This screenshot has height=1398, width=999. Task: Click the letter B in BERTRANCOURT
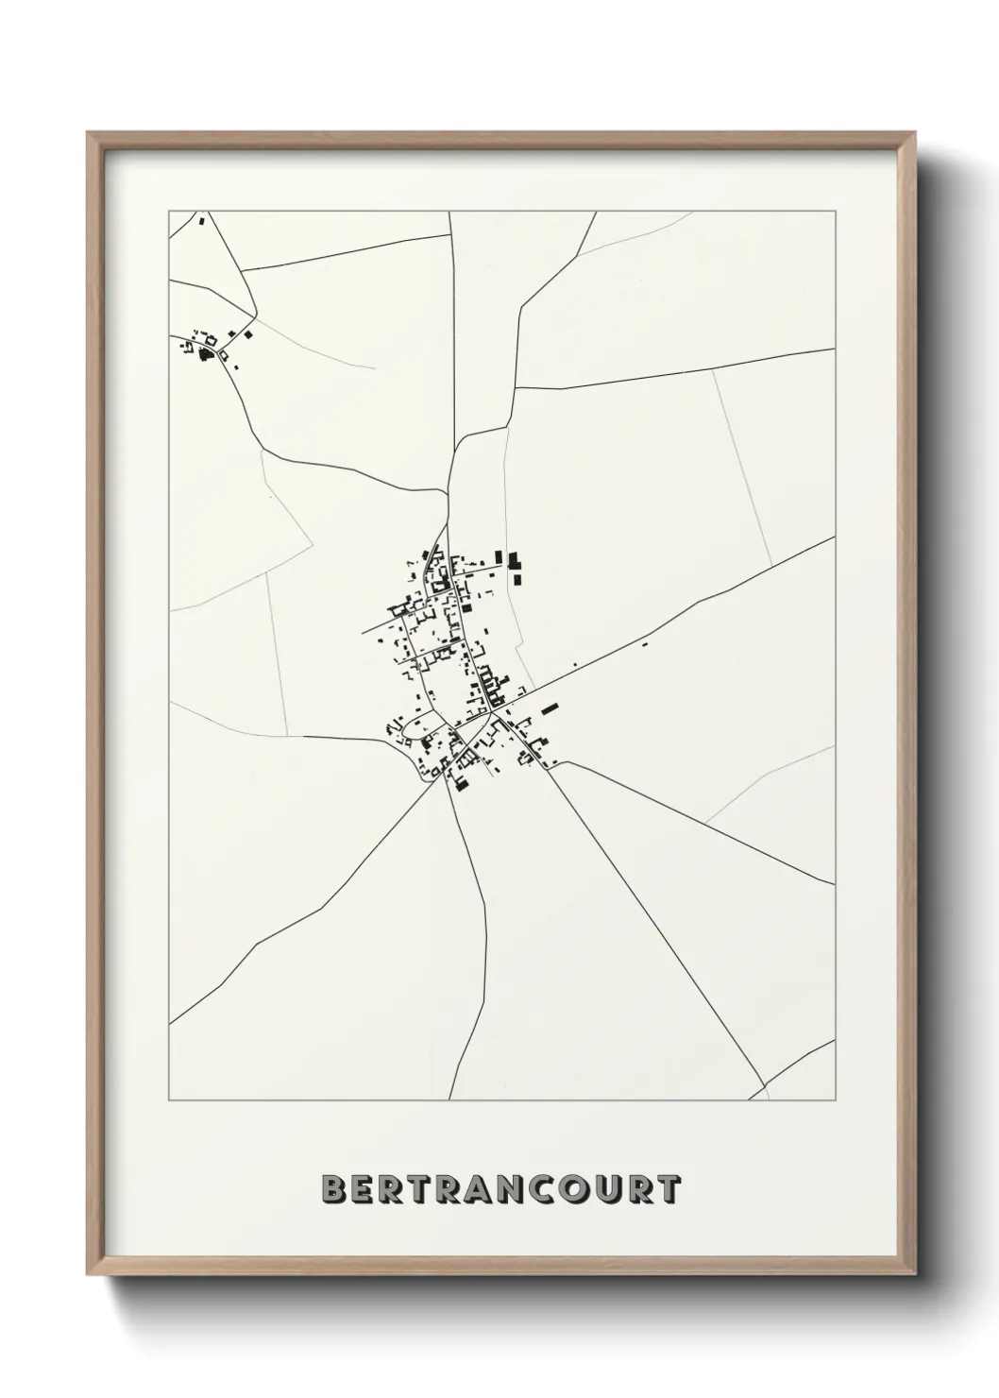pyautogui.click(x=331, y=1189)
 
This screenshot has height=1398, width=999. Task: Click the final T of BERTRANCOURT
pyautogui.click(x=669, y=1189)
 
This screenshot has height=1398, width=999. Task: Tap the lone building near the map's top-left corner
pyautogui.click(x=201, y=222)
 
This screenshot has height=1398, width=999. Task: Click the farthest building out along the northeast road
pyautogui.click(x=645, y=645)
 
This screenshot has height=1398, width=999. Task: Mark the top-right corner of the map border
pyautogui.click(x=836, y=212)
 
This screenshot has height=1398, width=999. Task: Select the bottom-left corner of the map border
pyautogui.click(x=169, y=1100)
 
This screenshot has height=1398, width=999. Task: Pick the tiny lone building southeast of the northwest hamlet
pyautogui.click(x=236, y=367)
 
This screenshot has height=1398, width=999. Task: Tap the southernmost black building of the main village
pyautogui.click(x=461, y=783)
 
